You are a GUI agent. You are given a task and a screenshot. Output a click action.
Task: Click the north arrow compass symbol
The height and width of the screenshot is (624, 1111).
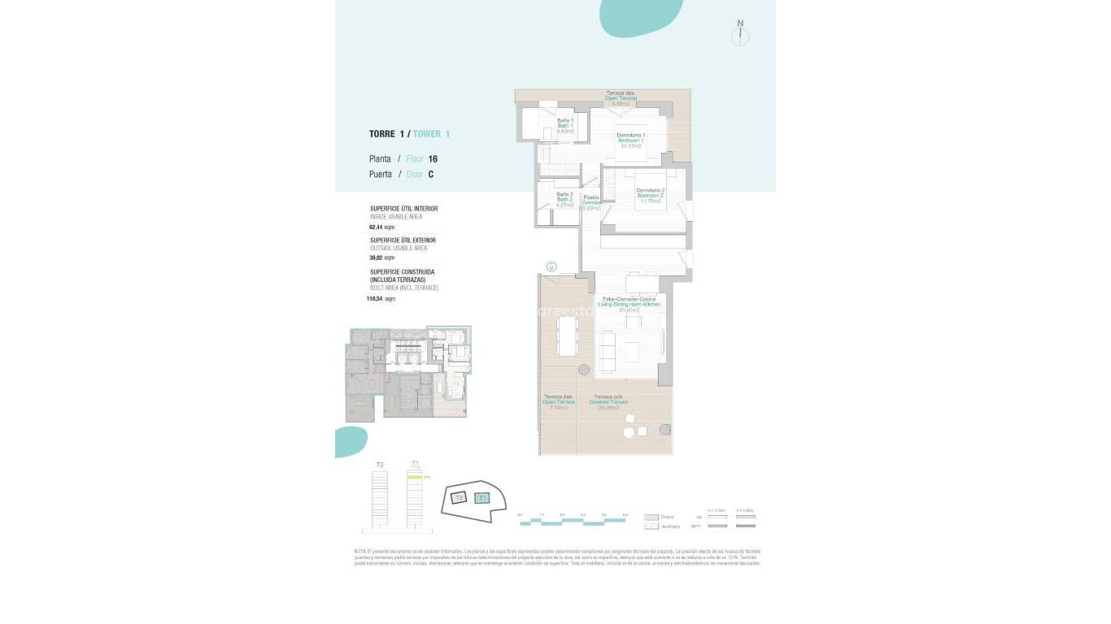(x=740, y=35)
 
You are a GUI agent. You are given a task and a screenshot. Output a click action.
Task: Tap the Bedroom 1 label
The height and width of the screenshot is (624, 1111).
(x=630, y=141)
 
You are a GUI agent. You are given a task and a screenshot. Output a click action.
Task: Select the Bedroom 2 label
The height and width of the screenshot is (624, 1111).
(x=650, y=195)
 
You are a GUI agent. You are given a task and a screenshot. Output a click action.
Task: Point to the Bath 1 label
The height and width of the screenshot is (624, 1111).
(x=565, y=125)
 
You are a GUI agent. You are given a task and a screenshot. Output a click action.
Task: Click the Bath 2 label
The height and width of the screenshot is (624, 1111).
(x=564, y=199)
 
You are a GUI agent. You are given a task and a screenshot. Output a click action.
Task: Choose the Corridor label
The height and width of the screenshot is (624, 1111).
(x=591, y=202)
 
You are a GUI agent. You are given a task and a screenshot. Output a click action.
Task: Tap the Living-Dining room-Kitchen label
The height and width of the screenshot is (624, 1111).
(x=630, y=304)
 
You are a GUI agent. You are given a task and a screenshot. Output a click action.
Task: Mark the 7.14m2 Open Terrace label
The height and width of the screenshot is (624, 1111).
(x=559, y=402)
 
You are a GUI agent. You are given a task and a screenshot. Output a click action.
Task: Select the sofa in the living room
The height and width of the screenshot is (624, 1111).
(x=608, y=349)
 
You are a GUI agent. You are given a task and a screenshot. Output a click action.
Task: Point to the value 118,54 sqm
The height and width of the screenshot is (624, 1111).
(x=381, y=299)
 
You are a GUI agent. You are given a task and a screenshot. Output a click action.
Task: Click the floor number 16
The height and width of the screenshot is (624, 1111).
(x=433, y=159)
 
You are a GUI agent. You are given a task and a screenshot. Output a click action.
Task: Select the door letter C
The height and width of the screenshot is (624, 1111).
(x=430, y=174)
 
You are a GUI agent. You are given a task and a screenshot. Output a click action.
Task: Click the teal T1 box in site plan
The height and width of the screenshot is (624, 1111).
(x=482, y=498)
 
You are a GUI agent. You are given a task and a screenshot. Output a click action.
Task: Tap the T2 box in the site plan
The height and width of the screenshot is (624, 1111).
(x=459, y=497)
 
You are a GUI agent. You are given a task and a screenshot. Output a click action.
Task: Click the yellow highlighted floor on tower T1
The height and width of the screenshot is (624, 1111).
(x=415, y=478)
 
